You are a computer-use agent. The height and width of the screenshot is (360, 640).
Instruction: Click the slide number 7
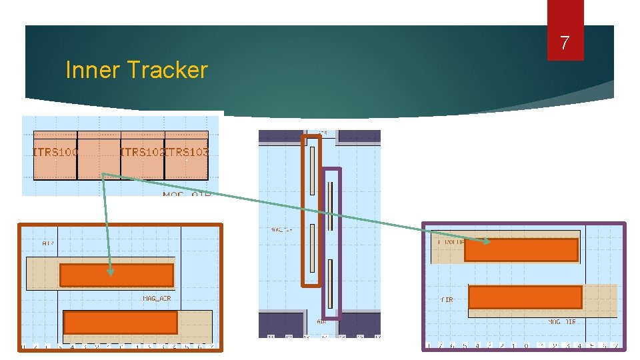pos(565,44)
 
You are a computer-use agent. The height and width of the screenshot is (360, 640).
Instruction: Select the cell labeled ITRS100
pos(55,153)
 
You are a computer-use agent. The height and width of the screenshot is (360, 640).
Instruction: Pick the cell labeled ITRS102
pos(141,153)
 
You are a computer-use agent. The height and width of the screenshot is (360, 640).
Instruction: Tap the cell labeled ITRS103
pos(186,153)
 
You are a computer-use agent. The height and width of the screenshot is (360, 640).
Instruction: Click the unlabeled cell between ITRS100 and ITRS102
pos(98,153)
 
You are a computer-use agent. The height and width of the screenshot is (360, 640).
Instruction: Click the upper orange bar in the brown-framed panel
pos(117,275)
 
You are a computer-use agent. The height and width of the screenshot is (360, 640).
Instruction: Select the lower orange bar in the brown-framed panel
pos(120,323)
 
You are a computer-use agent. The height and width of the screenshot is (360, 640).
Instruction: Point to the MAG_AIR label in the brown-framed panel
pos(157,298)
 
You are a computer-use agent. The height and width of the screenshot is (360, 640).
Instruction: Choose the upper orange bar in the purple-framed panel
pos(521,250)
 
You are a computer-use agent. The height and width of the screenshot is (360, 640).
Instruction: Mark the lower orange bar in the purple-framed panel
pos(525,297)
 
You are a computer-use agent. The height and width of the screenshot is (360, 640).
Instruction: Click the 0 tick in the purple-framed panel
pos(527,345)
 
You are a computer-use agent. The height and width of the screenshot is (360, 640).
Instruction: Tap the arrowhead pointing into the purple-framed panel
pos(489,242)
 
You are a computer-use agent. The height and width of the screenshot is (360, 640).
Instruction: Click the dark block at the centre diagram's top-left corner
pos(280,135)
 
